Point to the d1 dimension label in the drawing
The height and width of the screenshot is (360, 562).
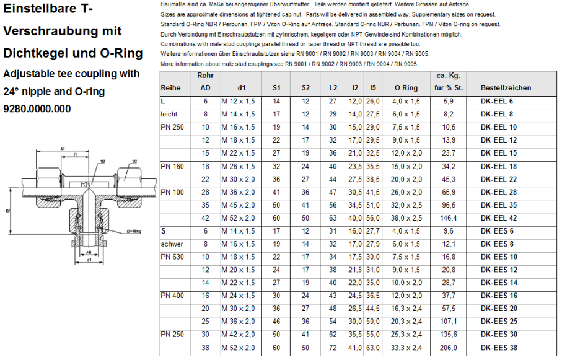click(x=90, y=260)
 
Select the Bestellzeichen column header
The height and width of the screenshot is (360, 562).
click(x=506, y=88)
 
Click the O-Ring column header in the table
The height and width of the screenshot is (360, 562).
click(x=406, y=88)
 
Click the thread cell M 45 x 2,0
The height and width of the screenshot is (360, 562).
click(x=238, y=205)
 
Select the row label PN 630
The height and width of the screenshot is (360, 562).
click(x=173, y=257)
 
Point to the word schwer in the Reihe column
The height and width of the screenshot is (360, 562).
click(x=171, y=244)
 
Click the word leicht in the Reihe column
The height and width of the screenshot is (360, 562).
click(x=169, y=114)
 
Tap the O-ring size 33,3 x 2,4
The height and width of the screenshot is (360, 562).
click(x=406, y=348)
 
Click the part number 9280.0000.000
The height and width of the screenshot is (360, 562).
click(x=37, y=109)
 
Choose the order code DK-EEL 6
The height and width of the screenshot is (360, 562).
click(x=496, y=101)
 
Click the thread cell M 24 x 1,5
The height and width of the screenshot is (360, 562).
click(x=238, y=296)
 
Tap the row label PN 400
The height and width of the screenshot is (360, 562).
click(x=173, y=296)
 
